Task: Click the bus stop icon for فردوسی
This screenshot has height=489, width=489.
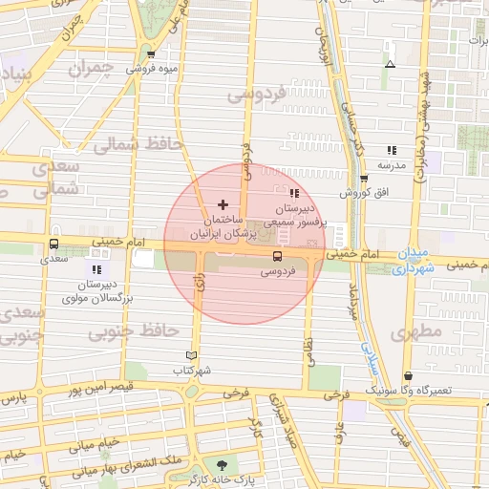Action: [x=277, y=256]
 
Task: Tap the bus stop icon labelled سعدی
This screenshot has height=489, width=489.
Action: [x=53, y=243]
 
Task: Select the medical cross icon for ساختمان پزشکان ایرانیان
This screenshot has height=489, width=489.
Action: [x=223, y=204]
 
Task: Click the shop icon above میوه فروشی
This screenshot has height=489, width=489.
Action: [x=151, y=53]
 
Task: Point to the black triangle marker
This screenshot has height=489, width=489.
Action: [x=390, y=65]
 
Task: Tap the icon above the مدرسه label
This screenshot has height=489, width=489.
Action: [x=391, y=150]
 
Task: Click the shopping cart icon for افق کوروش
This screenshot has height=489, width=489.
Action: [x=364, y=179]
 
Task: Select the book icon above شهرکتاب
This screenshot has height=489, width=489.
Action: [x=191, y=355]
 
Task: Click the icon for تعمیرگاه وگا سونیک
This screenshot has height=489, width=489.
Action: [x=409, y=376]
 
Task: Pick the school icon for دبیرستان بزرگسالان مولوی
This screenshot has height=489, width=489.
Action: [x=95, y=270]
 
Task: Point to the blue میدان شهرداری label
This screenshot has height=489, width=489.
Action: [x=414, y=262]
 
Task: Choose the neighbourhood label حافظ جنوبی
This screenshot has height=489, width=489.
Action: [x=134, y=331]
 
